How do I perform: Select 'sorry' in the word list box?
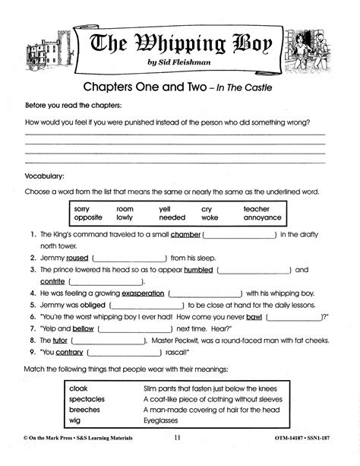pyautogui.click(x=83, y=208)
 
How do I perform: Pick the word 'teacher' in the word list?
pyautogui.click(x=257, y=208)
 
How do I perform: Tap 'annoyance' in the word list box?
pyautogui.click(x=262, y=217)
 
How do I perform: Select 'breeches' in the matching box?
pyautogui.click(x=84, y=409)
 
